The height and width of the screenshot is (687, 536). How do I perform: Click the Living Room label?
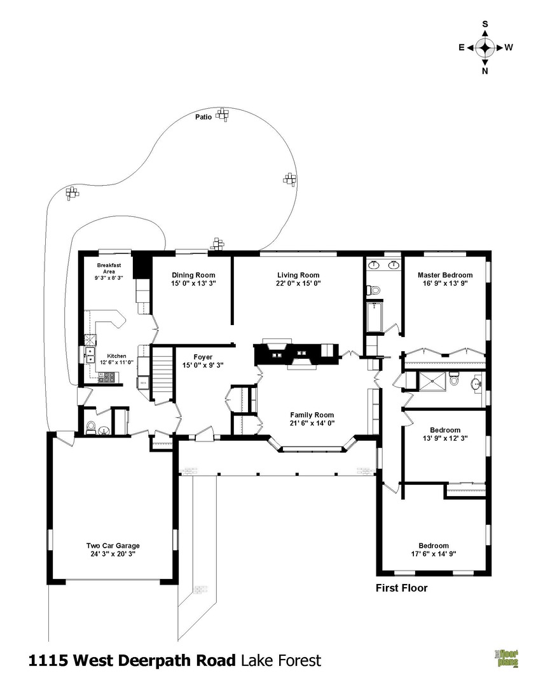pyautogui.click(x=298, y=275)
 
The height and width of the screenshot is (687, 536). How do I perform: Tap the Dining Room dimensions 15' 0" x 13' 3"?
pyautogui.click(x=193, y=283)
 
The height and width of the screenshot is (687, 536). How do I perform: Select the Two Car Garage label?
pyautogui.click(x=113, y=546)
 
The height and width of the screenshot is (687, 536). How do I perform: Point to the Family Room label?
pyautogui.click(x=312, y=415)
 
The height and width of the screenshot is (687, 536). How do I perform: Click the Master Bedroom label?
pyautogui.click(x=445, y=275)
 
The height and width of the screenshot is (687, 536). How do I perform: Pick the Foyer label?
pyautogui.click(x=203, y=357)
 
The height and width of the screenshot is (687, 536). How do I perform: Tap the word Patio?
pyautogui.click(x=203, y=117)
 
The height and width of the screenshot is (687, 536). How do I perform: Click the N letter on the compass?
pyautogui.click(x=484, y=71)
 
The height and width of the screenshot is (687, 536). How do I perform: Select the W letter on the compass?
pyautogui.click(x=509, y=47)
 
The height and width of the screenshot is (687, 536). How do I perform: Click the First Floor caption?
pyautogui.click(x=402, y=588)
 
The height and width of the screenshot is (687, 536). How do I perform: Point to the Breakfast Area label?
pyautogui.click(x=109, y=268)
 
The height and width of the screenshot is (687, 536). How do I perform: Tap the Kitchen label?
pyautogui.click(x=116, y=356)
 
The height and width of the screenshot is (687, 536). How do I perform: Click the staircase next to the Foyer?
pyautogui.click(x=162, y=372)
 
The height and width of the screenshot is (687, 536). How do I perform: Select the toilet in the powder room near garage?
pyautogui.click(x=91, y=426)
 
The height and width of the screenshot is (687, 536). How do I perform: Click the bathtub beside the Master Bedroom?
pyautogui.click(x=375, y=317)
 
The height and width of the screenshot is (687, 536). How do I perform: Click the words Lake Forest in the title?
pyautogui.click(x=281, y=660)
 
